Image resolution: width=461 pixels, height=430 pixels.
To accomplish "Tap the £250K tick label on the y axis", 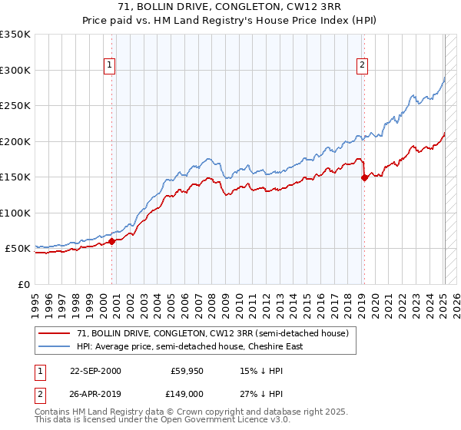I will pyautogui.click(x=15, y=106).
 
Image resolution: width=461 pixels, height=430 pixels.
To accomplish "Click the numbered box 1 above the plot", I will pyautogui.click(x=111, y=66).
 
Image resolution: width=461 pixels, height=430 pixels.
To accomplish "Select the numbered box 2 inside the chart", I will pyautogui.click(x=362, y=66).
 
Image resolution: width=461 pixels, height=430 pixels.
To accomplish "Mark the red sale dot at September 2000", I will pyautogui.click(x=112, y=241).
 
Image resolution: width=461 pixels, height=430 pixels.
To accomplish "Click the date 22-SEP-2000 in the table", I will pyautogui.click(x=95, y=370).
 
